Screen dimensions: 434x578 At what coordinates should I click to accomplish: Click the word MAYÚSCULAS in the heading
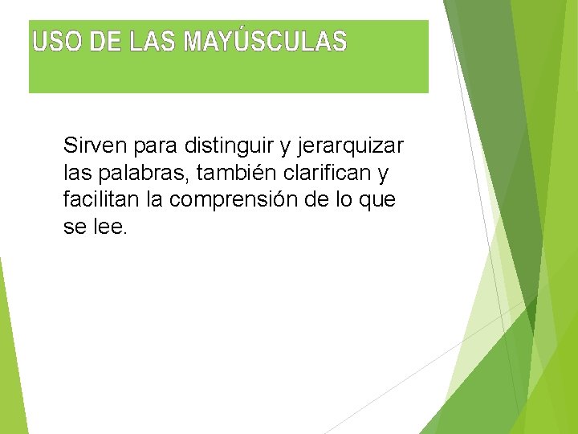266,41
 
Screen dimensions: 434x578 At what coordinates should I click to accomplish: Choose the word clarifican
331,173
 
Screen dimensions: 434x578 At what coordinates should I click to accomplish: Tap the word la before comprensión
154,199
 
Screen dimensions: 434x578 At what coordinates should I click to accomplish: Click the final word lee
111,226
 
